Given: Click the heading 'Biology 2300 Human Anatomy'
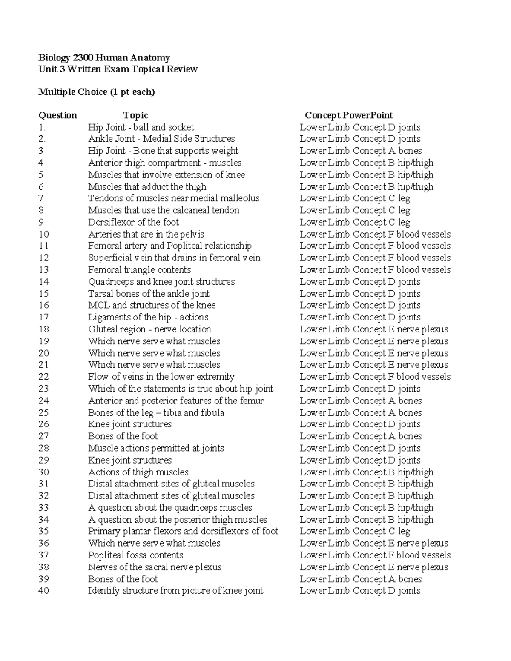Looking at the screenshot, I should point(104,57).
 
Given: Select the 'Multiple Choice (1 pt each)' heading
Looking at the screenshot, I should point(96,92).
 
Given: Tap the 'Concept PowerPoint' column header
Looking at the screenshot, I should point(348,115).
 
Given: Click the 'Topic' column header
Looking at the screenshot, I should point(135,115).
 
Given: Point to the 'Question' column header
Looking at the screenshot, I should point(57,115).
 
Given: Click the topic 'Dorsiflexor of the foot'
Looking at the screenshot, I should point(133,222).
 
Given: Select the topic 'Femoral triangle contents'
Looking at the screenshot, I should point(139,270).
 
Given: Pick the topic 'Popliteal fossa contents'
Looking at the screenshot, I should point(135,555).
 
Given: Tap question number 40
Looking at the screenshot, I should point(44,591).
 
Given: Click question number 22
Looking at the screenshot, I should point(44,377).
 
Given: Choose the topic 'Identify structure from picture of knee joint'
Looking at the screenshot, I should point(175,591).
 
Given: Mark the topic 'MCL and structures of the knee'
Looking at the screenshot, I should point(152,305).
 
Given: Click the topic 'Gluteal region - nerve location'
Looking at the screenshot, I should point(149,329).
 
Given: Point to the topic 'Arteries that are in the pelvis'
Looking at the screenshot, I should point(146,234).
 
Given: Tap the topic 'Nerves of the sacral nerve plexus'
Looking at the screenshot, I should point(155,567).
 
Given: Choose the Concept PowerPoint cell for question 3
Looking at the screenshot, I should point(360,151).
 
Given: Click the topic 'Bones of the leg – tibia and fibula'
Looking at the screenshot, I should point(156,412).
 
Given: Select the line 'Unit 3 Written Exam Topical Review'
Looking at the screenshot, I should point(118,69).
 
